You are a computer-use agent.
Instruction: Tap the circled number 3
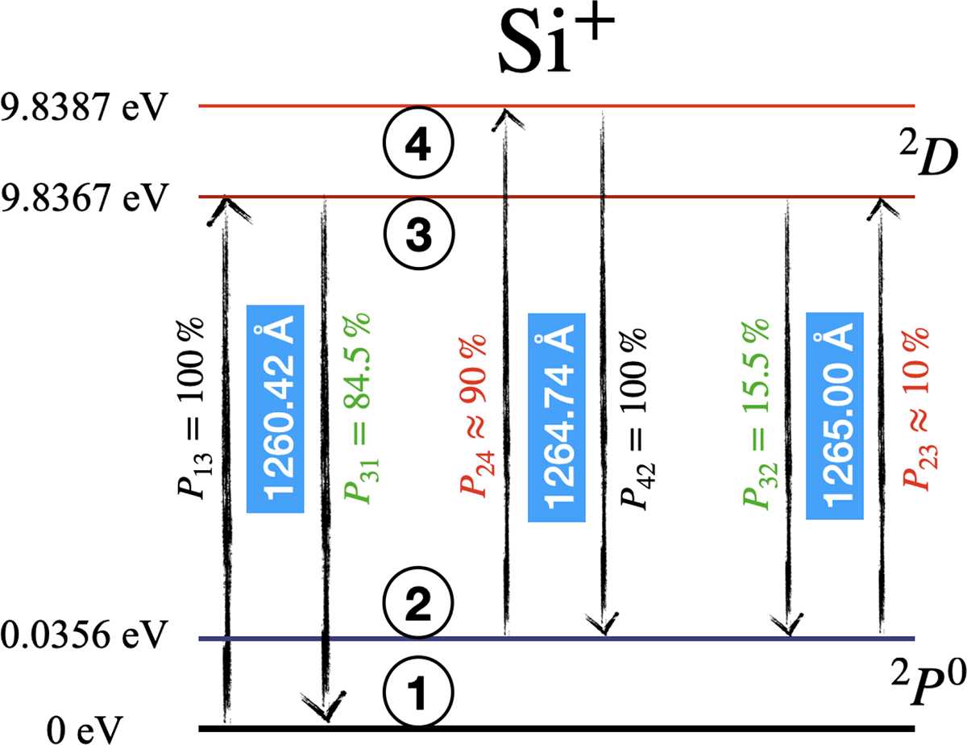418,232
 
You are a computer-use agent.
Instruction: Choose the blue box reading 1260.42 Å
275,409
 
